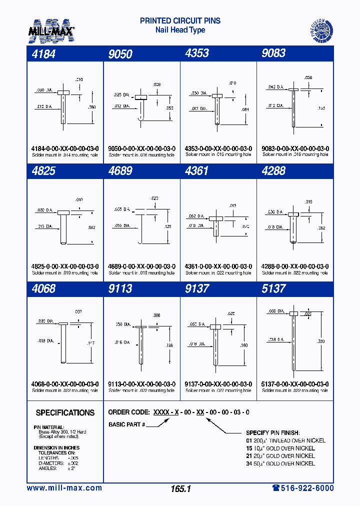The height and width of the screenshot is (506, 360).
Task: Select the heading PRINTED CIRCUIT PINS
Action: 180,21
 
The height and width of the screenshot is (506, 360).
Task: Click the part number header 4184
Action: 43,53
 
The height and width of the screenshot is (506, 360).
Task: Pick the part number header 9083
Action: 273,53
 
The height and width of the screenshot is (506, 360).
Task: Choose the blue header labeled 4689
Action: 120,171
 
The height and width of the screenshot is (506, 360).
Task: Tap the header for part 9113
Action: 120,289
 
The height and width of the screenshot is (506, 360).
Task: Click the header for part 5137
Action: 273,289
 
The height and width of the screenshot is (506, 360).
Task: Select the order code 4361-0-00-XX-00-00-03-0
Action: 218,266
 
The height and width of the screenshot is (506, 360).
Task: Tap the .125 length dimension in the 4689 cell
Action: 167,226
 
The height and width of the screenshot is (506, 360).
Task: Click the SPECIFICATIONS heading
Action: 65,413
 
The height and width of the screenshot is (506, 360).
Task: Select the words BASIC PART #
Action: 126,424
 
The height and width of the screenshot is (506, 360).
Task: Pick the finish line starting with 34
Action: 280,463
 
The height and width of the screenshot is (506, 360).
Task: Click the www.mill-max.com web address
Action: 64,488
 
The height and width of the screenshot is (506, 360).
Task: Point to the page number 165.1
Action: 180,489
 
